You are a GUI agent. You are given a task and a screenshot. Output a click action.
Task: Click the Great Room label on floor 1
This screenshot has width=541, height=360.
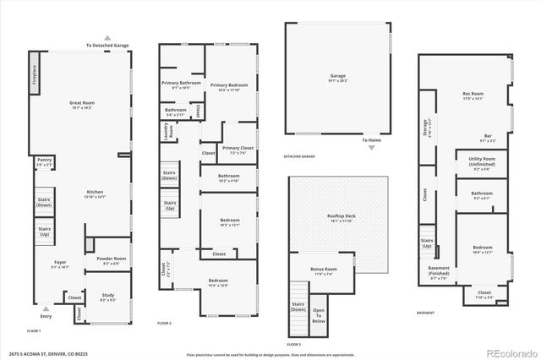tap(81, 106)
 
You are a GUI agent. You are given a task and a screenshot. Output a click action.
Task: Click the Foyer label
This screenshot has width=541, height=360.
tap(59, 264)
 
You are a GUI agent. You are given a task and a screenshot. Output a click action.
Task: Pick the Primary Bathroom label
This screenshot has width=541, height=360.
tap(181, 85)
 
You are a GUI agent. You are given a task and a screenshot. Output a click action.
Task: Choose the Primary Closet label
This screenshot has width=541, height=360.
tap(237, 151)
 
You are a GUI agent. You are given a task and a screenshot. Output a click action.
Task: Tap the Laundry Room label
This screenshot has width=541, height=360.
tap(167, 131)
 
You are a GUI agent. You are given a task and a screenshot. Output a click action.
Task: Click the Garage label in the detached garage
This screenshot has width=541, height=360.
tap(337, 78)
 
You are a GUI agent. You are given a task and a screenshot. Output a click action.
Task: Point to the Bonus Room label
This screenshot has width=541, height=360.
tap(324, 271)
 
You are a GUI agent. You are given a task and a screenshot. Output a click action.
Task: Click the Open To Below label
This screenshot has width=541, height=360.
tap(319, 316)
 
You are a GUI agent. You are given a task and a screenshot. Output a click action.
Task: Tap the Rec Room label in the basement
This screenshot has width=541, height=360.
tap(472, 95)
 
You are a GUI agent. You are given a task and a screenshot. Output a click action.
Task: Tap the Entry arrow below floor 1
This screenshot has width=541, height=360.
tap(46, 311)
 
